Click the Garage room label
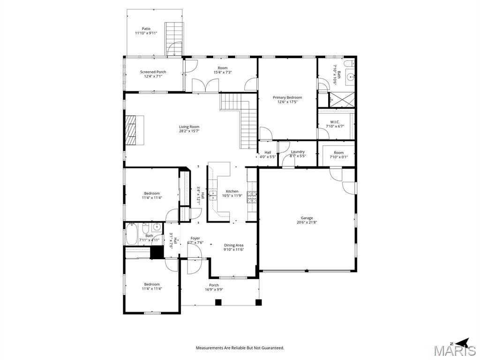tap(307, 218)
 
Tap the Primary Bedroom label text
tap(287, 97)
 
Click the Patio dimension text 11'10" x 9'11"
tap(146, 33)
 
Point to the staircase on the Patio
tap(174, 37)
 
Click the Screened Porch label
tap(153, 72)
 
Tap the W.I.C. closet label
tap(335, 122)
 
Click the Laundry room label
tap(298, 152)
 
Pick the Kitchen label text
tap(232, 191)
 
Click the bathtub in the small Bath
tap(131, 234)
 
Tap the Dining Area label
tap(233, 245)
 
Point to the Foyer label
tap(195, 239)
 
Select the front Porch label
tap(214, 285)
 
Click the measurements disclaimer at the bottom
tap(240, 348)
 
